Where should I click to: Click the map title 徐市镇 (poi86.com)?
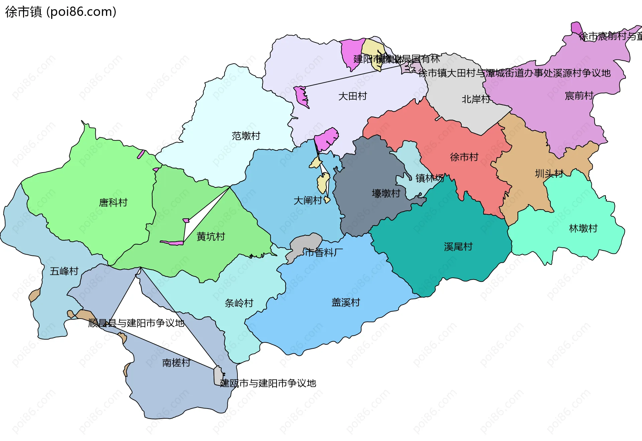click(x=61, y=12)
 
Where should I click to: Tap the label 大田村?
click(x=352, y=96)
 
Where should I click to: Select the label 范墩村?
click(x=246, y=136)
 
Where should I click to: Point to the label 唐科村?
click(x=113, y=203)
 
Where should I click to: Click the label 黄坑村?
click(x=211, y=237)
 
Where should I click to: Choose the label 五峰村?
click(x=64, y=271)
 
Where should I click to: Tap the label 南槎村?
click(x=176, y=363)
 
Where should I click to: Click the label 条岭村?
click(x=239, y=303)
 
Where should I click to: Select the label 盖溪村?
click(x=346, y=303)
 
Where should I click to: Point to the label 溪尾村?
click(x=458, y=247)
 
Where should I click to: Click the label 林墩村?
click(x=583, y=229)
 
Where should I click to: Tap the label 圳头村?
click(x=549, y=174)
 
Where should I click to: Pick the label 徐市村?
click(x=464, y=157)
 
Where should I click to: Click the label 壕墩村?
click(x=386, y=194)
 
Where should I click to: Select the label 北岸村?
click(x=475, y=99)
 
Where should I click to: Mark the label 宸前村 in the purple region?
click(x=579, y=96)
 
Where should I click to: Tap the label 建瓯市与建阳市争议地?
click(x=268, y=383)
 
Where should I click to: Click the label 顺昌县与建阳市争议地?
click(x=136, y=323)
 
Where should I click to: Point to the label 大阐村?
click(x=308, y=201)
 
